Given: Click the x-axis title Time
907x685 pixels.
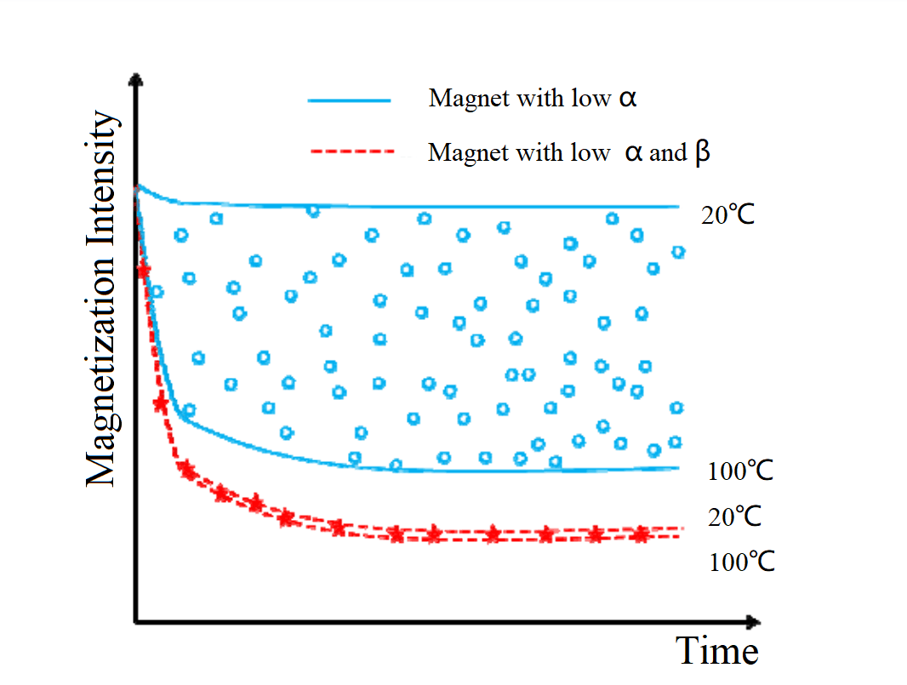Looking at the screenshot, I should coord(716,651).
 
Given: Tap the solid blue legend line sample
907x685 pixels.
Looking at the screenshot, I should coord(349,100).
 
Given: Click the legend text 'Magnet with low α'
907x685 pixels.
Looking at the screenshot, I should coord(533,99).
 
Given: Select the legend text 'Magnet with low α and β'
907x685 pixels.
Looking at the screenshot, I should coord(568,152).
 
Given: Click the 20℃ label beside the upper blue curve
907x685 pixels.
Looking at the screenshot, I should coord(727,215).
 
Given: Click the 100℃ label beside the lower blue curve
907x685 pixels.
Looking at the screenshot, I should coord(740,471).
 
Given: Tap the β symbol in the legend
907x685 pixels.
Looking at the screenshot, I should coord(702,153).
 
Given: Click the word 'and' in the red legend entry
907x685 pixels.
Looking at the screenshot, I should coord(667,154).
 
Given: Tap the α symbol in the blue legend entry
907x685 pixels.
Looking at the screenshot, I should coord(627,99).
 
